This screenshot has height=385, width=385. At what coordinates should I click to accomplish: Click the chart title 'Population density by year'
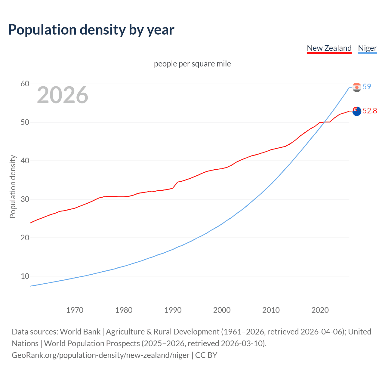pyautogui.click(x=91, y=30)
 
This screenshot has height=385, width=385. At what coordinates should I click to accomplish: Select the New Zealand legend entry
pyautogui.click(x=329, y=48)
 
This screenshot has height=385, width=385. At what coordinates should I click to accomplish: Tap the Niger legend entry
pyautogui.click(x=367, y=48)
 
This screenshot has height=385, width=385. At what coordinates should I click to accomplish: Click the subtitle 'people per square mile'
pyautogui.click(x=192, y=64)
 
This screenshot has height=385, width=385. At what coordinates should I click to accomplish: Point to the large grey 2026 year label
pyautogui.click(x=63, y=95)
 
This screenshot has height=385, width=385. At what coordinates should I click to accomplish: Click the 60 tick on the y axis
pyautogui.click(x=25, y=84)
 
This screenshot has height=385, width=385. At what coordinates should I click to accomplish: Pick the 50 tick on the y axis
pyautogui.click(x=25, y=122)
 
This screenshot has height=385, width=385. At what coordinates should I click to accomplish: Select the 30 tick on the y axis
pyautogui.click(x=25, y=199)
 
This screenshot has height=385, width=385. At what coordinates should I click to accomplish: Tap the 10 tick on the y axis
pyautogui.click(x=25, y=276)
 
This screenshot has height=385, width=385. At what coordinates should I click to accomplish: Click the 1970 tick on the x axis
pyautogui.click(x=75, y=310)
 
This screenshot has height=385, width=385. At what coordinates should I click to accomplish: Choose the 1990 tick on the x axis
pyautogui.click(x=173, y=310)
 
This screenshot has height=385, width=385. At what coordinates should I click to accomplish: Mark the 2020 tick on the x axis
pyautogui.click(x=320, y=310)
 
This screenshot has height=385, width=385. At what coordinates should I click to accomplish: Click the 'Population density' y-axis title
pyautogui.click(x=13, y=186)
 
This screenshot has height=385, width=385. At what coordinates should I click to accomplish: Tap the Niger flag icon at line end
pyautogui.click(x=357, y=88)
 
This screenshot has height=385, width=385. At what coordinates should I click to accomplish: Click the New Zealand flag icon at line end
pyautogui.click(x=357, y=111)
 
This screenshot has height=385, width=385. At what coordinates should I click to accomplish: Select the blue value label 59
pyautogui.click(x=367, y=87)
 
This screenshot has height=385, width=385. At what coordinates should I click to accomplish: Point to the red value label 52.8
pyautogui.click(x=370, y=111)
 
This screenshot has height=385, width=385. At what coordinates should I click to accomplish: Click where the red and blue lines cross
pyautogui.click(x=325, y=122)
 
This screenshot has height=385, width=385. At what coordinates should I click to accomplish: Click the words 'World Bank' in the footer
pyautogui.click(x=80, y=332)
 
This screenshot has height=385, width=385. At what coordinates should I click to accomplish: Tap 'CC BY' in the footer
pyautogui.click(x=206, y=355)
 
